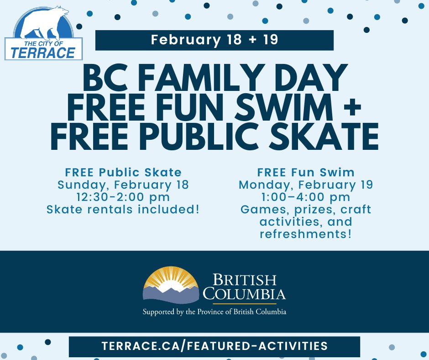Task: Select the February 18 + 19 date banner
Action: pyautogui.click(x=214, y=40)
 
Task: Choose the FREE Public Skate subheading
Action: pyautogui.click(x=123, y=172)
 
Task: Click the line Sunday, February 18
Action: pyautogui.click(x=123, y=185)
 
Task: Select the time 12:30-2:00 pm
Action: pyautogui.click(x=123, y=197)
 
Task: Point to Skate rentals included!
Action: pyautogui.click(x=123, y=210)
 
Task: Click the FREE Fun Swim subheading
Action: pyautogui.click(x=306, y=172)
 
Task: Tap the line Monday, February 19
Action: pyautogui.click(x=306, y=185)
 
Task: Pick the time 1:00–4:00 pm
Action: pyautogui.click(x=306, y=197)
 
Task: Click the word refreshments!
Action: pyautogui.click(x=306, y=234)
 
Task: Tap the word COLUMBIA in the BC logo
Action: pyautogui.click(x=245, y=293)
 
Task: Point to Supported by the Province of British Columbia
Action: pyautogui.click(x=214, y=312)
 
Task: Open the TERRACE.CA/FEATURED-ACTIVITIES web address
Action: pyautogui.click(x=214, y=346)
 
